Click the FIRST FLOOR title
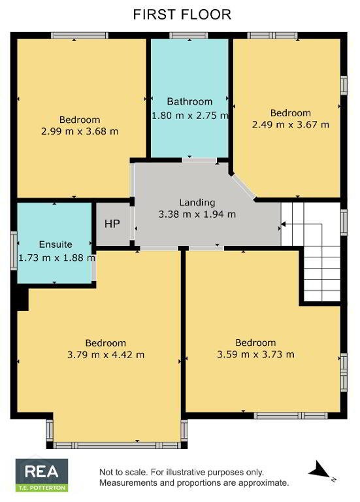[x=182, y=15]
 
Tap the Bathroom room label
[x=189, y=101]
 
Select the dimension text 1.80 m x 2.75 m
[x=190, y=115]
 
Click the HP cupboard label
[x=112, y=224]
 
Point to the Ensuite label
[x=56, y=244]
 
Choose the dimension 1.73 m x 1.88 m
[x=57, y=258]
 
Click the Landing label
[x=197, y=203]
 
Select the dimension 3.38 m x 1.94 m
[x=197, y=214]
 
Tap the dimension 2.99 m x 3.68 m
[x=80, y=131]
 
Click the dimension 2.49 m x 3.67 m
[x=291, y=124]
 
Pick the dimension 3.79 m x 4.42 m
[x=106, y=355]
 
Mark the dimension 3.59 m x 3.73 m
[x=255, y=354]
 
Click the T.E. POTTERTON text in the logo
[x=42, y=488]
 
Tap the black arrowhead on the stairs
[x=283, y=224]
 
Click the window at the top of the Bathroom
[x=189, y=35]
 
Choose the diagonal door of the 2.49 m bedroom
[x=244, y=187]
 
